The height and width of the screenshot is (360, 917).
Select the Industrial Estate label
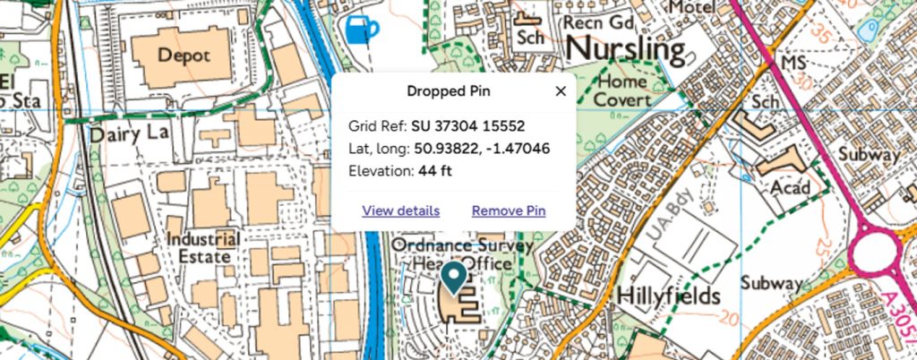pyautogui.click(x=202, y=248)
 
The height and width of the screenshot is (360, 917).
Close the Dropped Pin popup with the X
pyautogui.click(x=561, y=91)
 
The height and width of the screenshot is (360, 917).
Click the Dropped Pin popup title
pyautogui.click(x=449, y=91)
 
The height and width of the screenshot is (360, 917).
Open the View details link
pyautogui.click(x=400, y=211)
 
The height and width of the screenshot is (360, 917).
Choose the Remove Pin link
pyautogui.click(x=508, y=211)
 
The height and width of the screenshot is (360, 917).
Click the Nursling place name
pyautogui.click(x=626, y=48)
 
